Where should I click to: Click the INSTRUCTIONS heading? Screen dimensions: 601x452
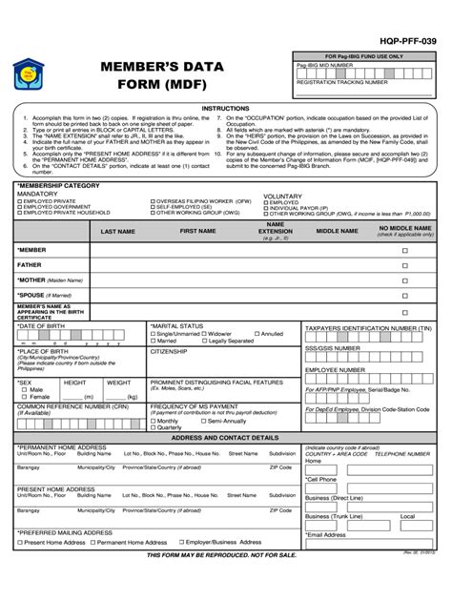225,109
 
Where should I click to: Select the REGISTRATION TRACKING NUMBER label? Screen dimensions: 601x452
342,82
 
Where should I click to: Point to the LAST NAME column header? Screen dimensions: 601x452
118,232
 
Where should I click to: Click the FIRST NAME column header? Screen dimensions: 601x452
198,231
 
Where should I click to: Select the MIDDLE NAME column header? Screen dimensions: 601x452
337,231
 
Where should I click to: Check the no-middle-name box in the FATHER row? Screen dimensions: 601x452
404,266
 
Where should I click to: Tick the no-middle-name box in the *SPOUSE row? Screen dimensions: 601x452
404,296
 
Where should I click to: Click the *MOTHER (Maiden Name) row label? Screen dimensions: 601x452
50,280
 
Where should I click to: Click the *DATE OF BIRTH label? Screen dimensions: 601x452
43,326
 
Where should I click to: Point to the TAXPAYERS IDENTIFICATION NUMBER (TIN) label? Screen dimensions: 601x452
368,327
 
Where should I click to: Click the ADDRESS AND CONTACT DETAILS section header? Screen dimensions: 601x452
225,436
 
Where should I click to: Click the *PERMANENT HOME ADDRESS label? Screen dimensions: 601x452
62,446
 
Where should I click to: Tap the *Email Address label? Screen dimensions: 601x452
326,534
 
